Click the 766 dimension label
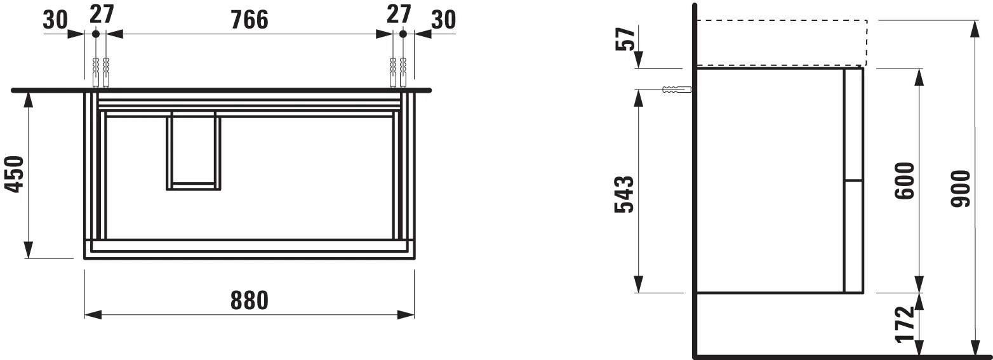pos(248,20)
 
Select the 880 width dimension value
pos(248,300)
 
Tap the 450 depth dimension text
pos(14,175)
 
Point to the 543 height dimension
pos(624,195)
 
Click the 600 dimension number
pos(904,181)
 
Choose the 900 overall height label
pos(961,189)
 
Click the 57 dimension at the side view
pos(625,39)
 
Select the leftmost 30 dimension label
pos(55,20)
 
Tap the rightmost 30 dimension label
pos(443,20)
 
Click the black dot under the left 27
pos(95,34)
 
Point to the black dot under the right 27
pos(403,34)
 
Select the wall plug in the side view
pos(676,89)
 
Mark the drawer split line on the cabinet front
pos(853,181)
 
